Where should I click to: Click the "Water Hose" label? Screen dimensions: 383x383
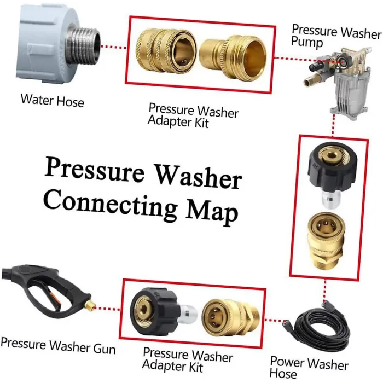pyautogui.click(x=52, y=101)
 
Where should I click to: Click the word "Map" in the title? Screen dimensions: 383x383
pyautogui.click(x=211, y=211)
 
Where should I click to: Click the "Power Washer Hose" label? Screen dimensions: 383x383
pyautogui.click(x=309, y=368)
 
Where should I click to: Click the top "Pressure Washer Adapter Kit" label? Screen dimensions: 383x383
pyautogui.click(x=193, y=114)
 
